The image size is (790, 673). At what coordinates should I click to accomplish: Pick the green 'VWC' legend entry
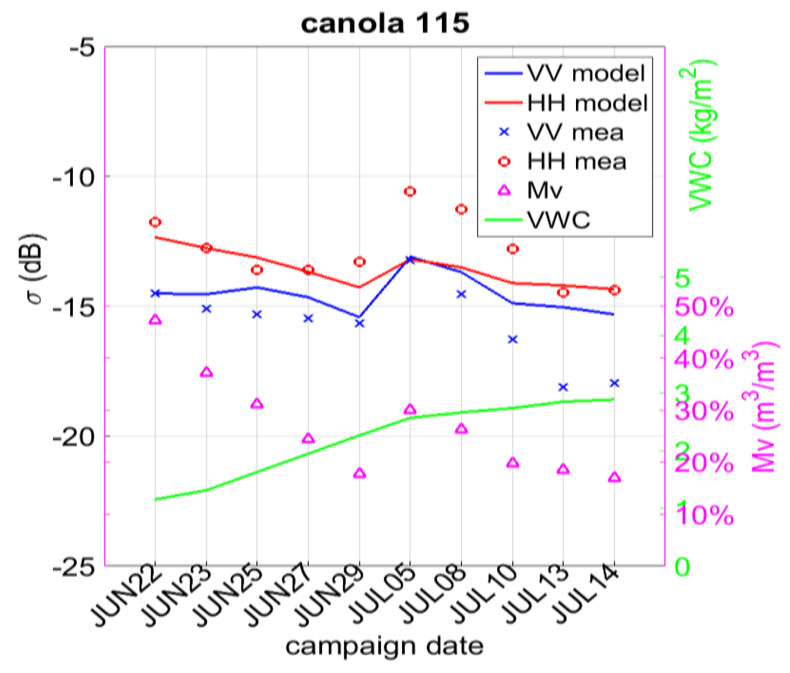click(x=558, y=220)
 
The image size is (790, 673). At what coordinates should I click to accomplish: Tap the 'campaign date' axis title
click(x=384, y=647)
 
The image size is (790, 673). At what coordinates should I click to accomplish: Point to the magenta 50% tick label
click(x=704, y=307)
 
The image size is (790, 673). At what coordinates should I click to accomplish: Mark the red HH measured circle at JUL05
click(x=410, y=191)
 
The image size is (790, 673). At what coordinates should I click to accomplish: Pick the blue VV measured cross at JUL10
click(x=513, y=340)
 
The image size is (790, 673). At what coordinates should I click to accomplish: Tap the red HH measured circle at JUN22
click(x=155, y=222)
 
